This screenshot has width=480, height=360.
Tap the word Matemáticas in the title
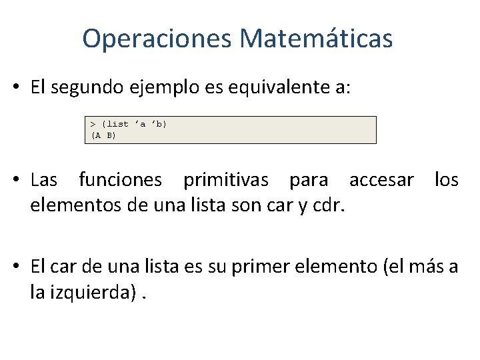tap(316, 39)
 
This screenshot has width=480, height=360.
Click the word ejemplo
tap(174, 89)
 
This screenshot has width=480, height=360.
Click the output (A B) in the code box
tap(103, 135)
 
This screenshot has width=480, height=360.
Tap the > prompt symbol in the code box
tap(93, 124)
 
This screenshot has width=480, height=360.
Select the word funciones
tap(120, 180)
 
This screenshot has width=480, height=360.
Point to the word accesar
tap(381, 180)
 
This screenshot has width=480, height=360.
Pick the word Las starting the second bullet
tap(44, 180)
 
